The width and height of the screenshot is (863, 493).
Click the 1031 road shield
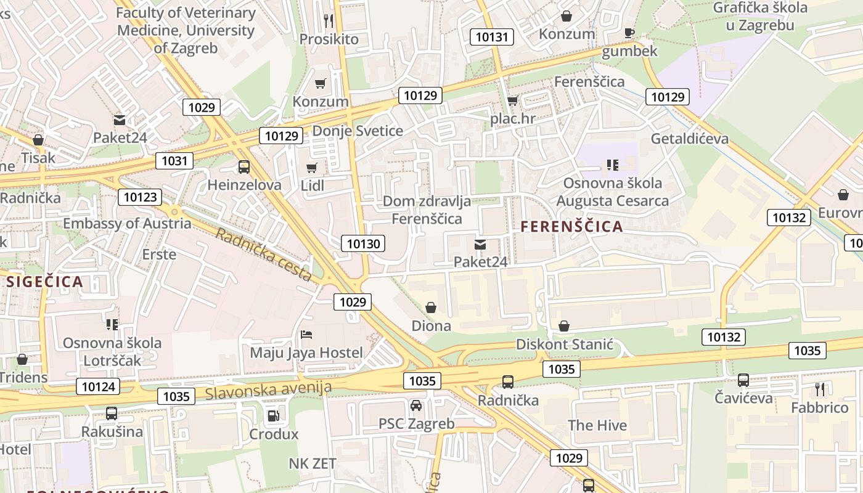click(174, 161)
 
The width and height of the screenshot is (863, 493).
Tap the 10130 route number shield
click(363, 243)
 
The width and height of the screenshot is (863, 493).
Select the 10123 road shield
click(140, 197)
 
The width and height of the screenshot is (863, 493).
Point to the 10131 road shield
click(491, 36)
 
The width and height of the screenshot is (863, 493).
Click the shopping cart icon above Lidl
click(312, 168)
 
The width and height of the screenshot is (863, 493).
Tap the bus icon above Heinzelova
click(244, 166)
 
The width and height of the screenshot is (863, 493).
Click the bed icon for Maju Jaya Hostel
click(306, 335)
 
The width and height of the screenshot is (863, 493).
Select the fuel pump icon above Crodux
click(274, 416)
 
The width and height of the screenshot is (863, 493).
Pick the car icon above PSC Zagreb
click(416, 405)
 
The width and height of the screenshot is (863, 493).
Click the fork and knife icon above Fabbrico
click(819, 389)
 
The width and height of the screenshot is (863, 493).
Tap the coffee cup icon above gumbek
click(629, 33)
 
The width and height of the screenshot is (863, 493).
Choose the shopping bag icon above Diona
click(431, 307)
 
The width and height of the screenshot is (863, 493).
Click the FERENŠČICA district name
click(571, 227)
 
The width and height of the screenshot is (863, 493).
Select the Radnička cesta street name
click(264, 255)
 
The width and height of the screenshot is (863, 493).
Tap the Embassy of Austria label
click(127, 223)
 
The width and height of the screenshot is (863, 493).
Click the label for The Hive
click(597, 425)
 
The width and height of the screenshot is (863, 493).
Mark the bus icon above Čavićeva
click(743, 380)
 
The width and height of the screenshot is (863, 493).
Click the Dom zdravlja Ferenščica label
click(427, 210)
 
